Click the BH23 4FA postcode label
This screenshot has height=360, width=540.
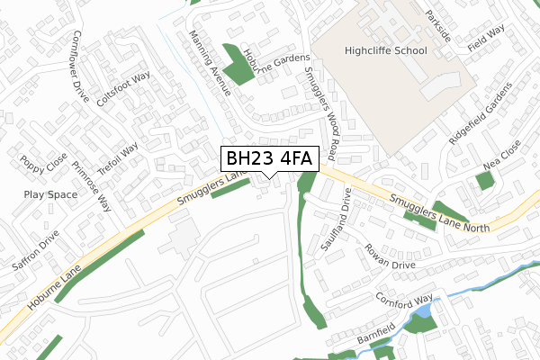click(x=268, y=159)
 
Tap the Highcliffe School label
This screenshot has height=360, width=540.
click(x=385, y=51)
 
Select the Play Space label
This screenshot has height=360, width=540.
click(x=50, y=194)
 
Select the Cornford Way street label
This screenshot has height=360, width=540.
click(x=404, y=301)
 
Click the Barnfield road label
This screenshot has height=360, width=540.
click(x=375, y=333)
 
